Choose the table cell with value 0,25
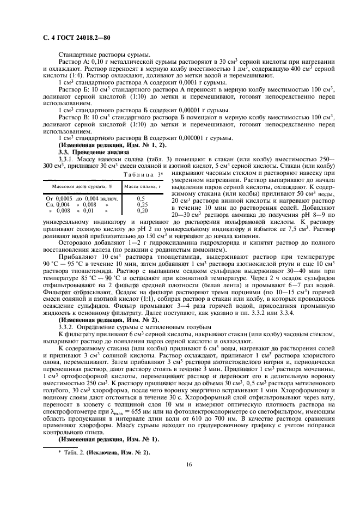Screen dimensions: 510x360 point(142,204)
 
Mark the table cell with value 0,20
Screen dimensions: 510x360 point(142,210)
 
